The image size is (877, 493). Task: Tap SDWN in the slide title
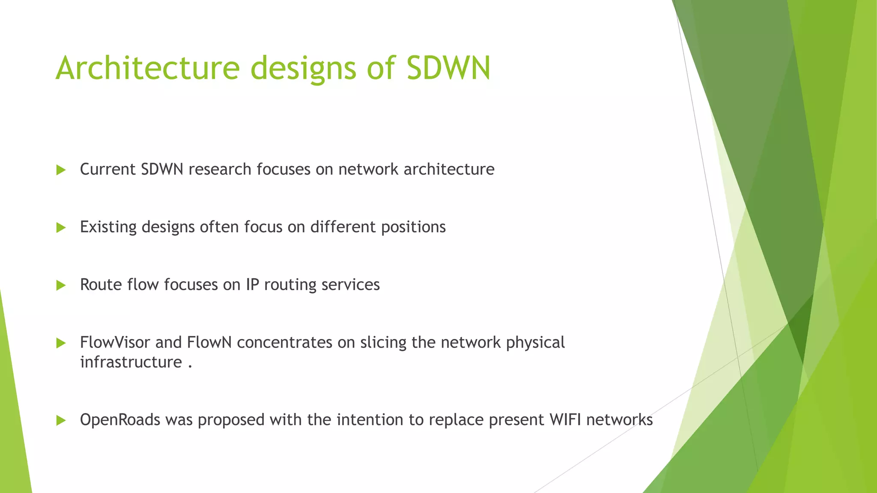pyautogui.click(x=448, y=68)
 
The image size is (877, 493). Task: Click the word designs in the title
pyautogui.click(x=303, y=68)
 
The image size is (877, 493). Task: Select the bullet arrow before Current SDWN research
pyautogui.click(x=61, y=170)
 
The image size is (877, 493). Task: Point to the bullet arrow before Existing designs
pyautogui.click(x=61, y=228)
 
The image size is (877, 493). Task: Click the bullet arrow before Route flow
pyautogui.click(x=61, y=285)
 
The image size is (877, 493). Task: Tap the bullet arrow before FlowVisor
pyautogui.click(x=61, y=343)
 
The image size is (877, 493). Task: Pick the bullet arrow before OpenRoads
pyautogui.click(x=61, y=420)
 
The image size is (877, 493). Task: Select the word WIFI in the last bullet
pyautogui.click(x=565, y=420)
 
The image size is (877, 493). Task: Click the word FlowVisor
pyautogui.click(x=115, y=342)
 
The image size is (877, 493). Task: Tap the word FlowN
pyautogui.click(x=209, y=342)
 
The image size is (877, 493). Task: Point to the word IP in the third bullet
pyautogui.click(x=252, y=285)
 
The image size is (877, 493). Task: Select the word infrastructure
pyautogui.click(x=131, y=362)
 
